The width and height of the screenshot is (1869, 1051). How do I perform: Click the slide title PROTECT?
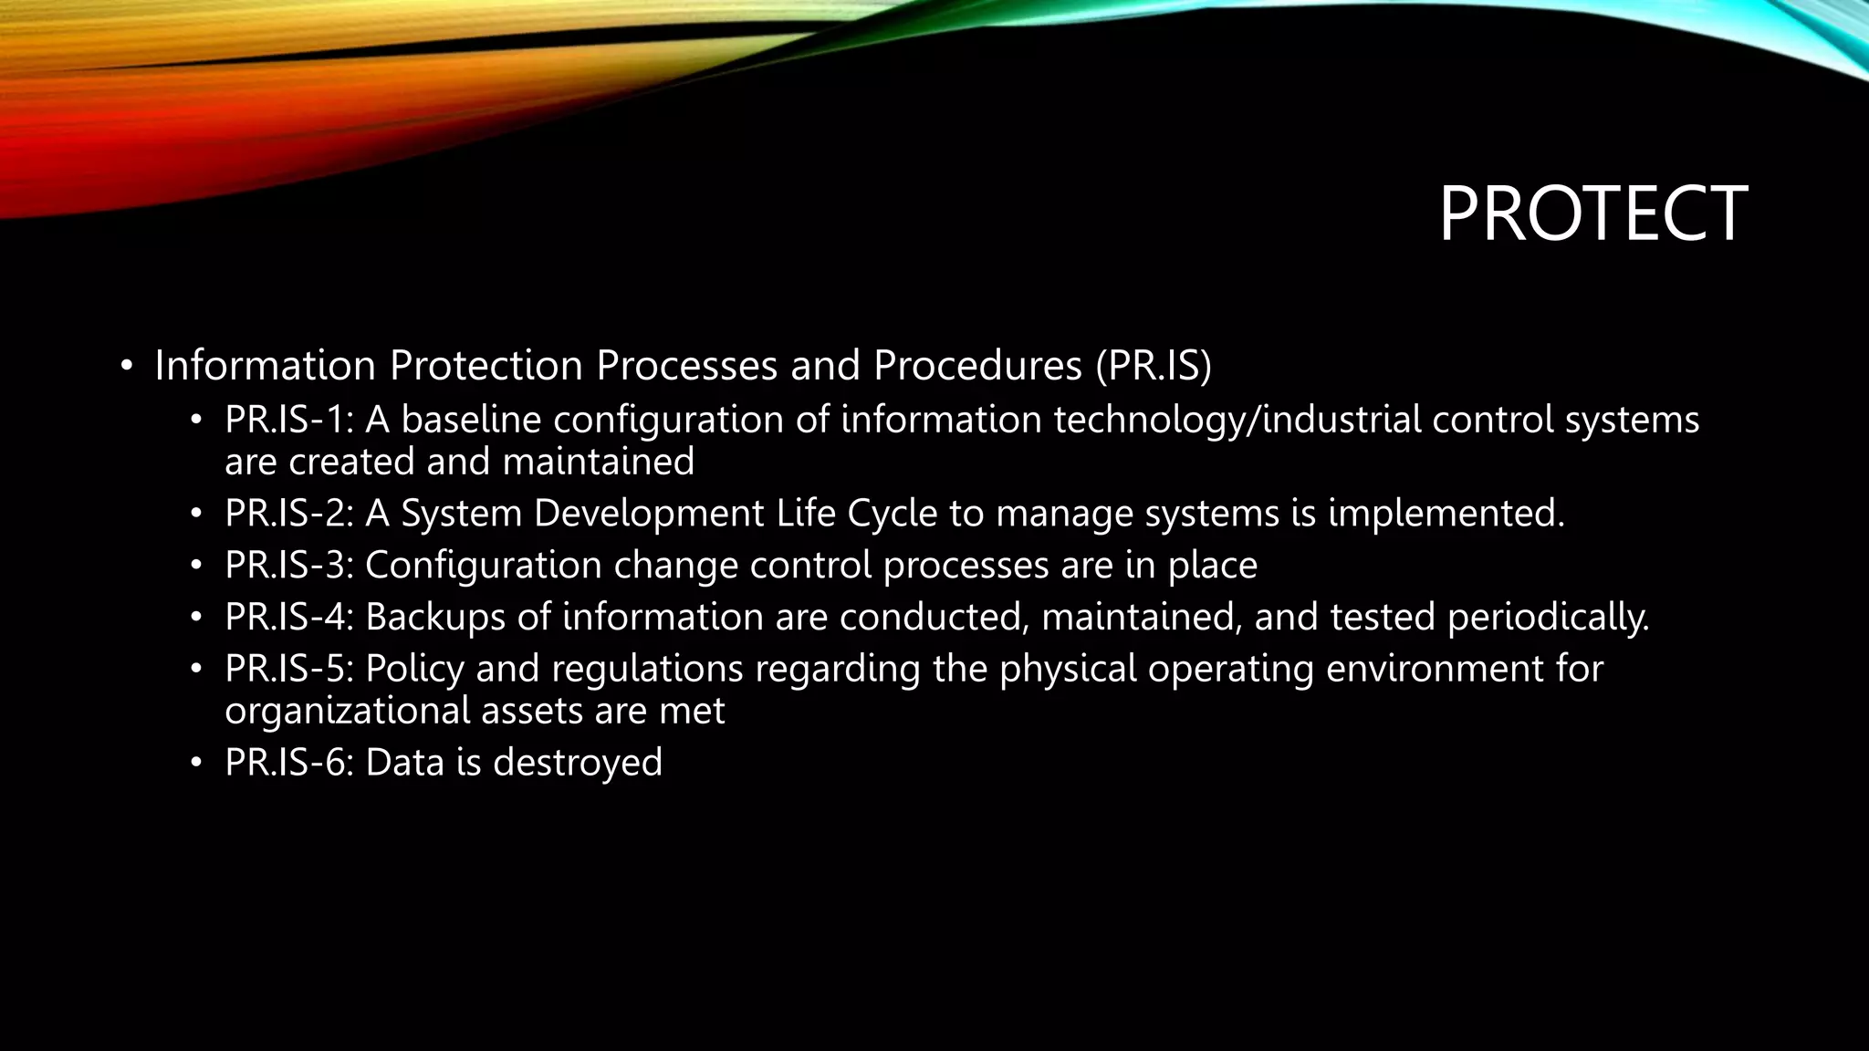[1592, 214]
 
